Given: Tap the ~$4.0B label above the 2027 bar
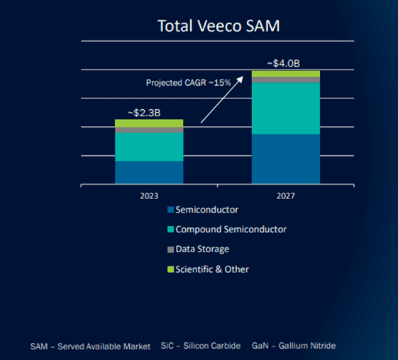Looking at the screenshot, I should click(x=284, y=63).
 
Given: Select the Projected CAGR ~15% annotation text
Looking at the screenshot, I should click(x=188, y=82).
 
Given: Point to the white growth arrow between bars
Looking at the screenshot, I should click(x=221, y=99).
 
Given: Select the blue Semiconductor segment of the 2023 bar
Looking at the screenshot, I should click(x=149, y=172).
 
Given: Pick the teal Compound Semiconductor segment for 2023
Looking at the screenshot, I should click(x=149, y=147).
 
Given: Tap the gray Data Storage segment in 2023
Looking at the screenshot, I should click(x=149, y=130).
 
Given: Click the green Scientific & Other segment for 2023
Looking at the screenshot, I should click(x=149, y=123).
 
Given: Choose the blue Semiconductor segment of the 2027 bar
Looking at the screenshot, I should click(x=286, y=159).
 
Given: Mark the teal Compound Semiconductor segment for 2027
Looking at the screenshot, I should click(x=286, y=108).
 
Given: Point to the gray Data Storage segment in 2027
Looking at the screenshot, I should click(x=286, y=80).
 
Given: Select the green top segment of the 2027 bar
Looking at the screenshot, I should click(x=286, y=74).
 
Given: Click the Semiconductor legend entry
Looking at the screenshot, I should click(x=206, y=210).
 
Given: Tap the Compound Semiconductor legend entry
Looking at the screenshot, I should click(x=231, y=230).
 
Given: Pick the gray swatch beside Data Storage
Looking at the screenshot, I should click(x=170, y=249).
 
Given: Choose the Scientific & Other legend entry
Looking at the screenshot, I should click(x=211, y=269).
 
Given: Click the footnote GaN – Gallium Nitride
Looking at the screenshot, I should click(x=294, y=346).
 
